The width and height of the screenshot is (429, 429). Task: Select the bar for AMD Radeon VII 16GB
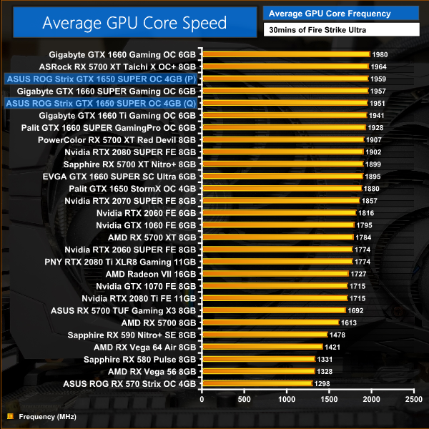pos(275,274)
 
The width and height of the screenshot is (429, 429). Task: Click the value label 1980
pos(380,54)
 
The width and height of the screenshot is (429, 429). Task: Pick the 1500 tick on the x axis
pos(328,398)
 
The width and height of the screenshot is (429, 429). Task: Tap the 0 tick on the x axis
pos(202,398)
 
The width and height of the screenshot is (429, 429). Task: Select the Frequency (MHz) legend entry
pos(42,415)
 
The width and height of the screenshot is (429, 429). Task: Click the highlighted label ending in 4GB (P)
pos(101,79)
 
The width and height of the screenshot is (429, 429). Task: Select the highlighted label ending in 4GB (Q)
pos(101,103)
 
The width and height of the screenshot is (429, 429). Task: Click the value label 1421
pos(332,347)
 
